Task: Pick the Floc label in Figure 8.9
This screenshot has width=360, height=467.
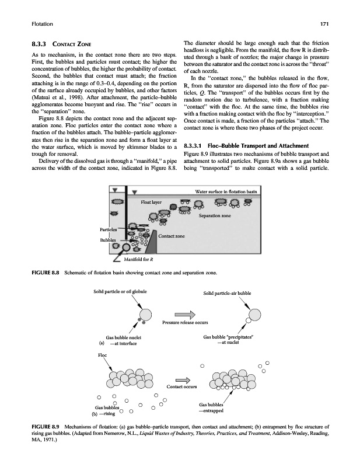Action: [102, 355]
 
